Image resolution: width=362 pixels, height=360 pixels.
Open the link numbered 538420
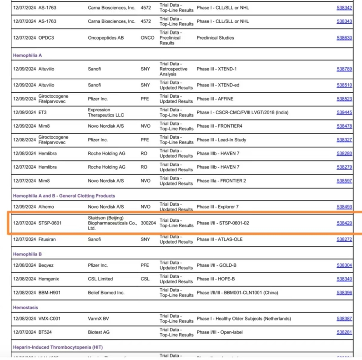344,223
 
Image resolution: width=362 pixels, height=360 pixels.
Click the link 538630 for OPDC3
344,38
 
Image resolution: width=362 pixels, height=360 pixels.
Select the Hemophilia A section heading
27,55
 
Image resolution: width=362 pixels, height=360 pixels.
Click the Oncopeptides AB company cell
106,38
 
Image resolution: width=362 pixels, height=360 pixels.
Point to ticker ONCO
147,38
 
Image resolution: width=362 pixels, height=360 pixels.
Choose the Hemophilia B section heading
27,254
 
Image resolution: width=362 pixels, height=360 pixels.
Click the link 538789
344,69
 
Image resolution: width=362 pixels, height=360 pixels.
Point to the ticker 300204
148,223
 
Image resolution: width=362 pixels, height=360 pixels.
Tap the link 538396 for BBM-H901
344,293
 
